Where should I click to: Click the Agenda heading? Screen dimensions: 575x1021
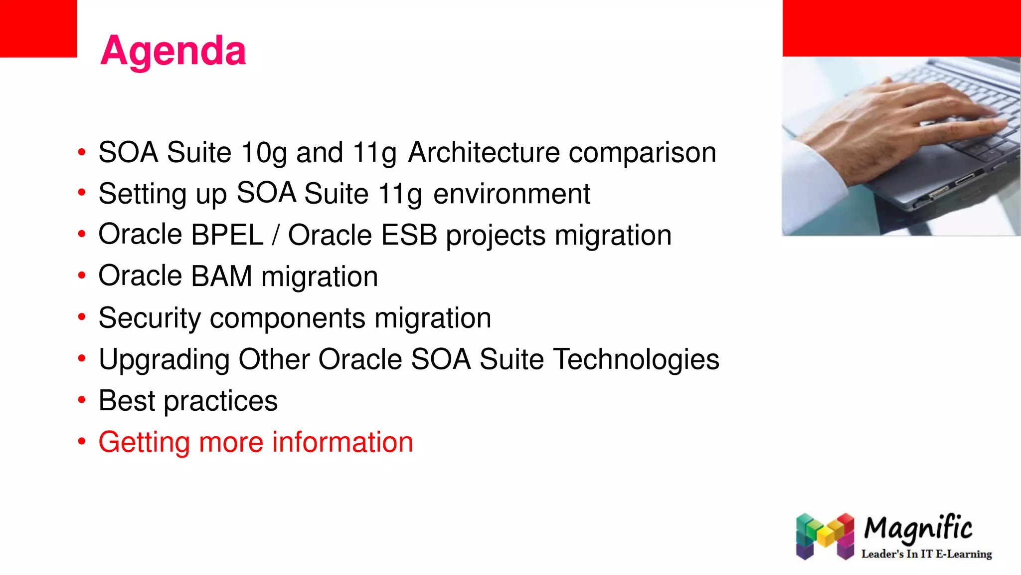(x=173, y=51)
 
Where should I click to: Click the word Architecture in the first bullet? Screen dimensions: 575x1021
(x=484, y=152)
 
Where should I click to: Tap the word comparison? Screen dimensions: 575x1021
(x=642, y=153)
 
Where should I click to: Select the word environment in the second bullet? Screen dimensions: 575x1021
(x=511, y=194)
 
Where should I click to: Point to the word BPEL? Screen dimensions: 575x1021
(x=227, y=235)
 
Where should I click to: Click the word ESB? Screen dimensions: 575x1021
(x=409, y=235)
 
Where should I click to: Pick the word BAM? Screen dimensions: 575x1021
(x=221, y=276)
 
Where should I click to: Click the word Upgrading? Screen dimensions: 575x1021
(x=164, y=360)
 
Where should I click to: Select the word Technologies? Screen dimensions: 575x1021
(x=637, y=359)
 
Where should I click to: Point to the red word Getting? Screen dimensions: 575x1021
(x=144, y=443)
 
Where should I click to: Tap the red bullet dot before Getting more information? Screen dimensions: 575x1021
(x=82, y=441)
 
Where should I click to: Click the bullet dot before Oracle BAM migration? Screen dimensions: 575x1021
(x=82, y=276)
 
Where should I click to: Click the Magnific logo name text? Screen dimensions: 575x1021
(x=918, y=529)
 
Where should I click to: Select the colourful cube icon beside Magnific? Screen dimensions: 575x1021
(x=825, y=536)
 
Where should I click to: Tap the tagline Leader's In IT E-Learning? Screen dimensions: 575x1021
(x=926, y=554)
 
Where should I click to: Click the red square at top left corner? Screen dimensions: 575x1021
(x=38, y=28)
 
